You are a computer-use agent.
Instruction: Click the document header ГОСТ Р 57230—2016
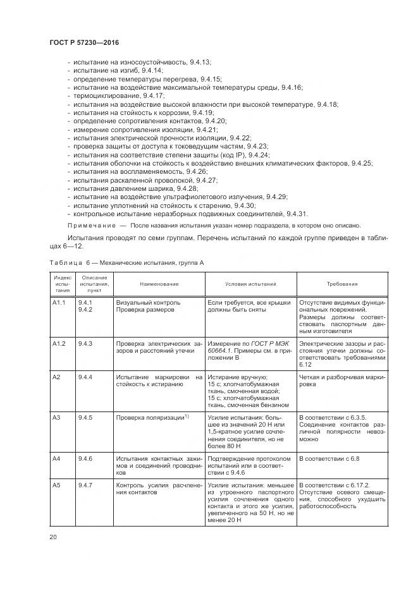(x=83, y=42)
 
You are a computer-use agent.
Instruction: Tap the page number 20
(x=53, y=537)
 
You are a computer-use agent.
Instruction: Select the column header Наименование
(x=159, y=284)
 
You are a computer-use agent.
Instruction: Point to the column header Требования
(x=342, y=284)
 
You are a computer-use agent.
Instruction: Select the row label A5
(x=57, y=485)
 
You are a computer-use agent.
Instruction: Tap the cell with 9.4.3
(x=85, y=343)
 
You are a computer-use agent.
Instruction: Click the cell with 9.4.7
(x=85, y=485)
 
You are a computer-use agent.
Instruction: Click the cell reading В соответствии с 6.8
(x=328, y=458)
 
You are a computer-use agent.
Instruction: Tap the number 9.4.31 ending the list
(x=297, y=214)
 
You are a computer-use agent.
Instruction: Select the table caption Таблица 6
(x=68, y=262)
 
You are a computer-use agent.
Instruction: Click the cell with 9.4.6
(x=85, y=458)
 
